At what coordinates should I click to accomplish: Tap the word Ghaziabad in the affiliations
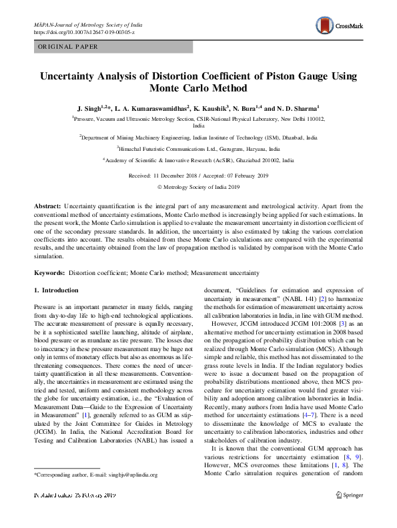coord(246,161)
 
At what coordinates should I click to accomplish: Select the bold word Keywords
coord(50,274)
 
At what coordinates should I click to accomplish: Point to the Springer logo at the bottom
coord(349,494)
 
